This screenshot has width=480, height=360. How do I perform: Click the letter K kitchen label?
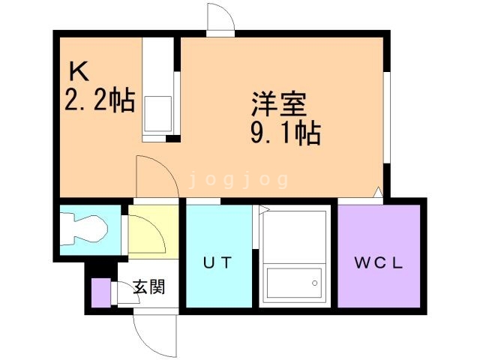(80, 72)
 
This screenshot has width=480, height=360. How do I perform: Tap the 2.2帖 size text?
(100, 100)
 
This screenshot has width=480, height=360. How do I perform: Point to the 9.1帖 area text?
(285, 134)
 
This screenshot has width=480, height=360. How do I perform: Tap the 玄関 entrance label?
(148, 286)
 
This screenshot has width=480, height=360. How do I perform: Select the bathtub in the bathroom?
(295, 286)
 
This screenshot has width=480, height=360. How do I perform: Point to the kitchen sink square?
(157, 112)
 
